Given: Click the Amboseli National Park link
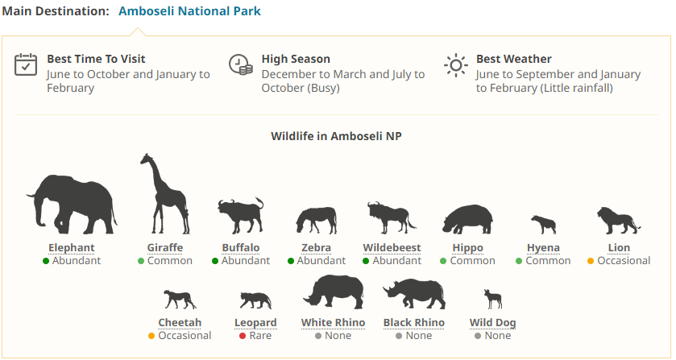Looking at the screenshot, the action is [189, 10].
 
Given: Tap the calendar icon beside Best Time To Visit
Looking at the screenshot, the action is [26, 65].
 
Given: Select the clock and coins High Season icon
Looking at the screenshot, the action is [241, 64].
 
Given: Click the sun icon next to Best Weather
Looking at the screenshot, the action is [455, 65].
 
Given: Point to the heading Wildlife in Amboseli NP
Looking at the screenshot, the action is [336, 136].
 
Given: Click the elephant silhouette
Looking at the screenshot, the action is [72, 205].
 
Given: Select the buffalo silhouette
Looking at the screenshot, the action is [241, 216].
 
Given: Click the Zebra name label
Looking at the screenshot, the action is [316, 248].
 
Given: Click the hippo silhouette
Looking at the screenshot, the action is [467, 219].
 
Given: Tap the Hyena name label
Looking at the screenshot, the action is [543, 248].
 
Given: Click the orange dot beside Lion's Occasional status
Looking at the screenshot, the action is [591, 261].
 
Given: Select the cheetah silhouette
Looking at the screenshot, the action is [180, 300].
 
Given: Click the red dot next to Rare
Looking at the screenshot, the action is [243, 336].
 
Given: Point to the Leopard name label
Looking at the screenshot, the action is [255, 323].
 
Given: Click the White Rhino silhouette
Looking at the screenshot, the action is [334, 292].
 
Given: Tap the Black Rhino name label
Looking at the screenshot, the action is [414, 323].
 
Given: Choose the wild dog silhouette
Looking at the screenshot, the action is [493, 300].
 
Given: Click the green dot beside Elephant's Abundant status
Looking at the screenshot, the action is [46, 261].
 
